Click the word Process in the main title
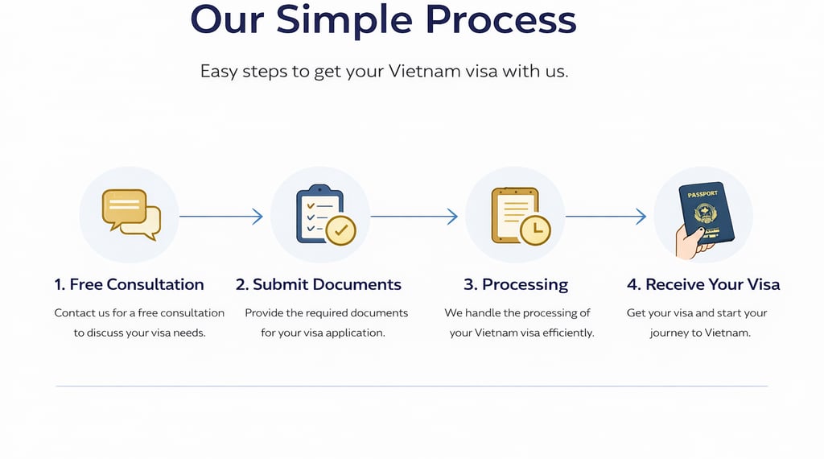[x=500, y=19]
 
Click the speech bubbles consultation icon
[x=130, y=214]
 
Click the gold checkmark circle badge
[x=341, y=229]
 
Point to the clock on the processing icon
[x=535, y=230]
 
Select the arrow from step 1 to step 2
[x=220, y=216]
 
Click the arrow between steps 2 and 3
[x=414, y=216]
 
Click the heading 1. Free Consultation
[x=129, y=284]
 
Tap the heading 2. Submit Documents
[x=319, y=284]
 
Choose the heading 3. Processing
[x=516, y=284]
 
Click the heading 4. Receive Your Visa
[x=703, y=284]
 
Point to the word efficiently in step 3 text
[x=566, y=333]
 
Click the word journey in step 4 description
[x=669, y=333]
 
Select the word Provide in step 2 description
[x=264, y=312]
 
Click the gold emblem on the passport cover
[x=704, y=213]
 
